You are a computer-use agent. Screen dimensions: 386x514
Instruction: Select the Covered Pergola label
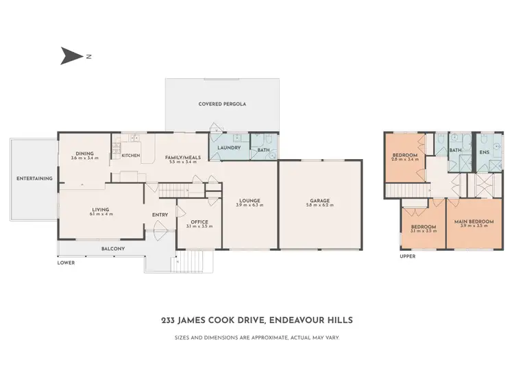click(222, 104)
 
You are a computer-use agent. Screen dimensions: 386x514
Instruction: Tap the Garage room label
click(320, 201)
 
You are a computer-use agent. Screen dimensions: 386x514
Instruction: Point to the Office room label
click(199, 221)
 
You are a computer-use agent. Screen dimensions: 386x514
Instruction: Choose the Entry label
click(160, 215)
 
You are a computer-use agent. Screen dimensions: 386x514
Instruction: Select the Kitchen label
click(130, 156)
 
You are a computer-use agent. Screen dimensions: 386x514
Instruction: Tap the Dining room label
click(84, 154)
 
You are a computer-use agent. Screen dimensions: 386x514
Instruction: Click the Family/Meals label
click(183, 157)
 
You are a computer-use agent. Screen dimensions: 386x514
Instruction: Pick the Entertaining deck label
click(34, 178)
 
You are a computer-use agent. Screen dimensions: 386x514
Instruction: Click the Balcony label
click(112, 248)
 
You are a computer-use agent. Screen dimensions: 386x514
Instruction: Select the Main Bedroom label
click(469, 221)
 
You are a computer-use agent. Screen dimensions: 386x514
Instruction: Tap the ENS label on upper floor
click(484, 152)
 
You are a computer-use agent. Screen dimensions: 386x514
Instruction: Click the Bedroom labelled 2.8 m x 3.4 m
click(404, 156)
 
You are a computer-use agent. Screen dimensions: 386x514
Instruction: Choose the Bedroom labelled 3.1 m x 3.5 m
click(423, 227)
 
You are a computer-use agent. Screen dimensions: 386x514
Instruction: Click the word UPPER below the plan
click(407, 256)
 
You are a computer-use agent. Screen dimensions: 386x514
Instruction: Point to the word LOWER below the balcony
click(66, 263)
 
